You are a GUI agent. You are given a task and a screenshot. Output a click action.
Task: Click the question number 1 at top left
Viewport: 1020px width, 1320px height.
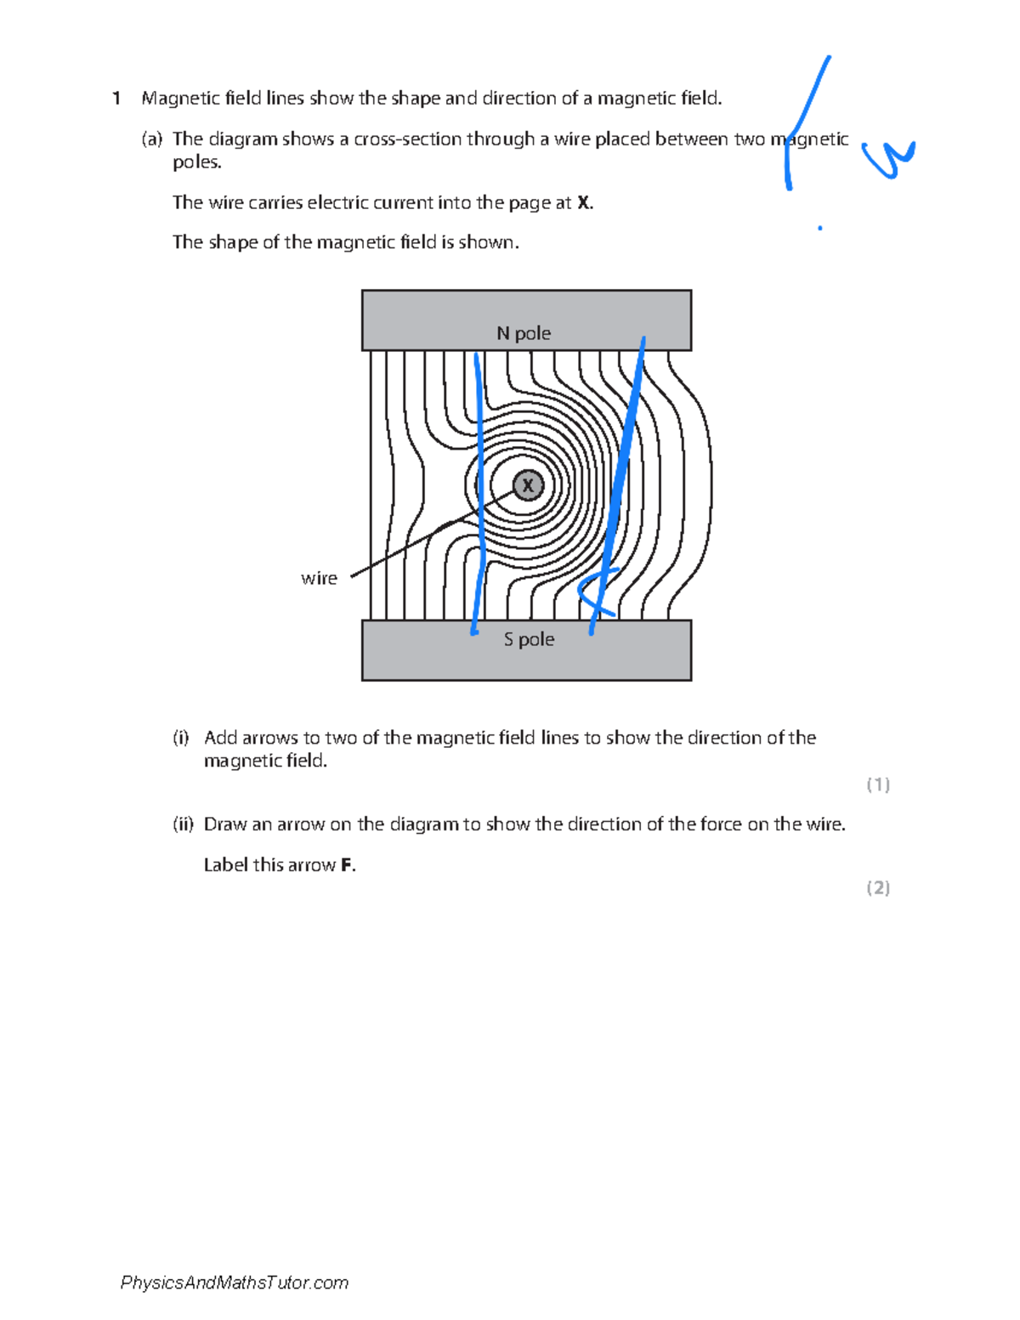116,99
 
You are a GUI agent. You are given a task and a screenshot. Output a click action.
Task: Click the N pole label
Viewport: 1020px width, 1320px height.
524,333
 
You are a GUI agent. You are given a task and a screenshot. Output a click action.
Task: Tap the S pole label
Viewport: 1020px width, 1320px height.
529,639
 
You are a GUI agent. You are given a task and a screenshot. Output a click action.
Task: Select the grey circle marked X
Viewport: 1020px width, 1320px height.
528,485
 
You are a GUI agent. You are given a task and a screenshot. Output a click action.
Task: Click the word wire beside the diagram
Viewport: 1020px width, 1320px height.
319,578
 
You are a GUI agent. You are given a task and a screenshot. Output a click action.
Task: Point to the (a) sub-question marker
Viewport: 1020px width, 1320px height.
151,139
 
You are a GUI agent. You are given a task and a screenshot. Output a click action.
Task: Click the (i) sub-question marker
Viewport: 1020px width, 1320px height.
180,738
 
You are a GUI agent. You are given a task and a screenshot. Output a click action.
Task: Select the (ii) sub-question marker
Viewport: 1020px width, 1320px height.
183,824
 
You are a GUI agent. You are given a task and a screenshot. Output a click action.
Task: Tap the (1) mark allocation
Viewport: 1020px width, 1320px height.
878,785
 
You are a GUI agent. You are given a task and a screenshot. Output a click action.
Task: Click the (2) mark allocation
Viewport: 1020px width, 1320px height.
878,888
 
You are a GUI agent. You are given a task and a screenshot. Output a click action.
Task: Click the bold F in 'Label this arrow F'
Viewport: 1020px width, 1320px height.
346,865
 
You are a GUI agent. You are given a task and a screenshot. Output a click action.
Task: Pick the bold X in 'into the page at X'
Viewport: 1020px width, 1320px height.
583,202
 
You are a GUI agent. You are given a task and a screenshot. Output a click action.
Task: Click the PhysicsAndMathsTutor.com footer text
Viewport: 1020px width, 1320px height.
235,1283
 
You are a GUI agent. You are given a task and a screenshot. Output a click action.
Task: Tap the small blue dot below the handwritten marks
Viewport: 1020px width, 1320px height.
819,228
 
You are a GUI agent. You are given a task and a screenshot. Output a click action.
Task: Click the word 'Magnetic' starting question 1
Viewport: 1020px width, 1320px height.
181,99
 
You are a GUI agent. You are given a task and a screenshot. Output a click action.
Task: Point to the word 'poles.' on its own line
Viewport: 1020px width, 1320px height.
197,162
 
